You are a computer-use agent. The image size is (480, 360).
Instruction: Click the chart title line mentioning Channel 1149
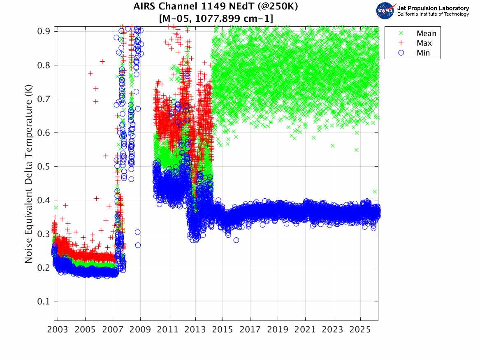[x=216, y=7]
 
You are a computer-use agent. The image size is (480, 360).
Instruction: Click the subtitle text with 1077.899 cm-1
[x=216, y=19]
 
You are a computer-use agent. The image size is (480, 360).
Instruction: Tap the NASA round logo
[x=385, y=10]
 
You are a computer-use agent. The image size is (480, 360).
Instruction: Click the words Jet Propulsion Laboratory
[x=433, y=8]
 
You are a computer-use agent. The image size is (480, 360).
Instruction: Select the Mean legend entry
[x=426, y=34]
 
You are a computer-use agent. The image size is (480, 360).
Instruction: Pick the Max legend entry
[x=424, y=43]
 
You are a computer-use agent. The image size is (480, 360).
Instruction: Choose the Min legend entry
[x=423, y=53]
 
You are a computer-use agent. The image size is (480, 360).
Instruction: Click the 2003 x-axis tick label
[x=58, y=330]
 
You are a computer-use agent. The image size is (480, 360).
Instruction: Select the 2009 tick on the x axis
[x=140, y=330]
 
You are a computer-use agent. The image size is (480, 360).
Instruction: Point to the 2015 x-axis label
[x=223, y=330]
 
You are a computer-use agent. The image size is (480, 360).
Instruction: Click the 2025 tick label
[x=360, y=330]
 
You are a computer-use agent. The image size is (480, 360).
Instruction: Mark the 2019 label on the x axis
[x=278, y=330]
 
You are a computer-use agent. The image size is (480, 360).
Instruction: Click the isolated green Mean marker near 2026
[x=375, y=192]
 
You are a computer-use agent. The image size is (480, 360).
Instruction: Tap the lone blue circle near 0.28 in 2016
[x=236, y=240]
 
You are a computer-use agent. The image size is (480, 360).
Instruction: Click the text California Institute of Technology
[x=433, y=14]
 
